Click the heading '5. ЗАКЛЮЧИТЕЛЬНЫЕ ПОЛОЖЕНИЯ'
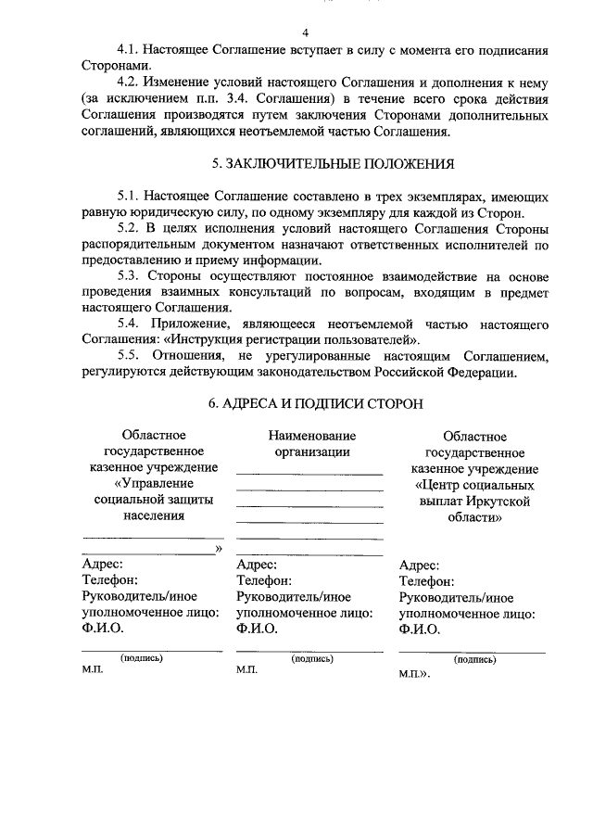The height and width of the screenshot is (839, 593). pos(333,164)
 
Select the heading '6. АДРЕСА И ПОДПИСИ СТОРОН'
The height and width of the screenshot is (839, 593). pos(316,404)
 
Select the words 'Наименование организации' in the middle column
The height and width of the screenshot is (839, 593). pos(312,443)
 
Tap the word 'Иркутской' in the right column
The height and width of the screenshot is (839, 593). pos(500,502)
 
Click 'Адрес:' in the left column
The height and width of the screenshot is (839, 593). pos(103,564)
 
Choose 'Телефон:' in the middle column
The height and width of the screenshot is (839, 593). pos(265,580)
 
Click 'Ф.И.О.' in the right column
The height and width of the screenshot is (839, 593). pos(419,629)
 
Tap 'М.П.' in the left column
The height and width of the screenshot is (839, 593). pos(93,673)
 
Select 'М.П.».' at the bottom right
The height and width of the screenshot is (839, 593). pos(415,675)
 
